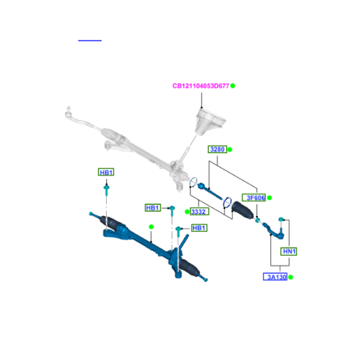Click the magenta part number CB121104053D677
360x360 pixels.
click(x=201, y=86)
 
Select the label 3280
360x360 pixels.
click(x=217, y=149)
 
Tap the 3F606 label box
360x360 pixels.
click(x=254, y=198)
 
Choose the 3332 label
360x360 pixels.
click(x=199, y=211)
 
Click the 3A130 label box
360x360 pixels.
click(x=276, y=277)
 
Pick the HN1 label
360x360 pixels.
click(x=289, y=251)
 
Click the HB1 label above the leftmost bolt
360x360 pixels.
click(x=106, y=172)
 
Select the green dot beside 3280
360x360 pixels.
click(x=230, y=150)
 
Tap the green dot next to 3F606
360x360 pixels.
click(x=270, y=198)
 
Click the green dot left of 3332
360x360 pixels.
click(x=187, y=211)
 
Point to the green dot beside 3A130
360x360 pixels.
click(x=291, y=277)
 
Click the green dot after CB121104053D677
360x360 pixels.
click(x=233, y=86)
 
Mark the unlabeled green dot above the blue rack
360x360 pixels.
click(x=151, y=227)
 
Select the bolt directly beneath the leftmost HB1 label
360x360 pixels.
click(x=107, y=190)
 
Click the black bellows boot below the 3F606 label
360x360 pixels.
click(x=243, y=209)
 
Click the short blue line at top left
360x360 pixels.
click(x=90, y=41)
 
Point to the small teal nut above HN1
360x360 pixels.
click(x=280, y=219)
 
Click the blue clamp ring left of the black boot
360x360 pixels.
click(x=227, y=202)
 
